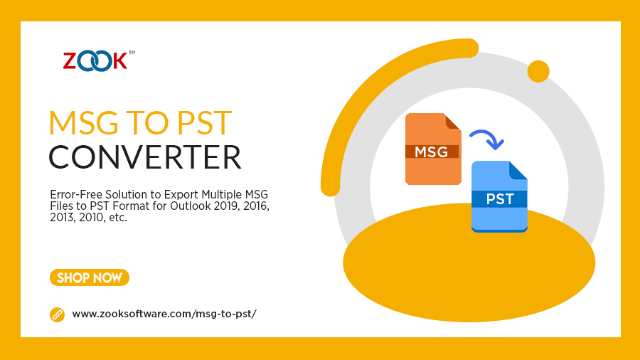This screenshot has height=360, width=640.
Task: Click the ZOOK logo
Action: (x=95, y=60)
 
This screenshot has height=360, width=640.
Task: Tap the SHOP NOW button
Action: (x=90, y=277)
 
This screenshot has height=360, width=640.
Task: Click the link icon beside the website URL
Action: (x=57, y=314)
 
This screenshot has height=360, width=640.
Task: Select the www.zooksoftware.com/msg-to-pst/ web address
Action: (x=164, y=314)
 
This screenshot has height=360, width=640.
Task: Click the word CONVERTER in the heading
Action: (x=145, y=157)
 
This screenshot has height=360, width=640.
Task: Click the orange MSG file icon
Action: (x=432, y=149)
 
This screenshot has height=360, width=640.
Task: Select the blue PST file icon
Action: (x=499, y=197)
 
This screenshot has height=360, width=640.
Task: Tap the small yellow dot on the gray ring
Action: (x=538, y=71)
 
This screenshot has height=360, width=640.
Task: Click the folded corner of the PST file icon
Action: (x=518, y=170)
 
